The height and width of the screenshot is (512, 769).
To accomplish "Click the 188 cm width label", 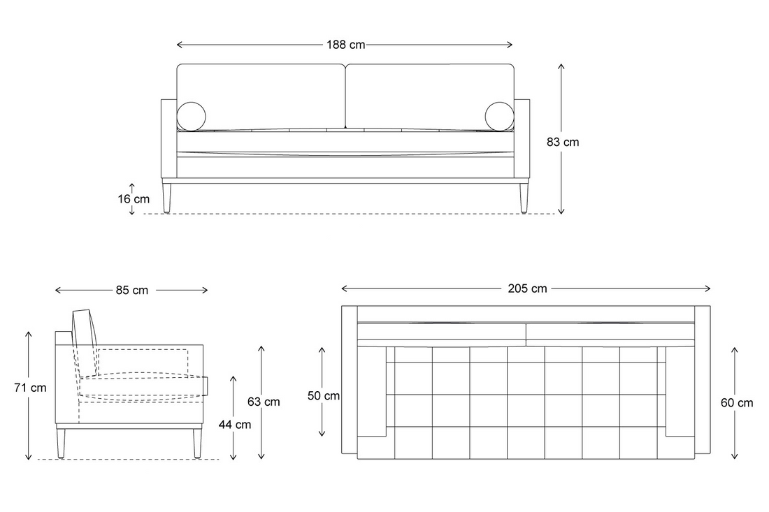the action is click(x=346, y=45).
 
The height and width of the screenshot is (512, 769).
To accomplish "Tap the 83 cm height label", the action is click(x=563, y=142).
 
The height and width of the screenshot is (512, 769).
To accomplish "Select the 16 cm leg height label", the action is click(x=134, y=199).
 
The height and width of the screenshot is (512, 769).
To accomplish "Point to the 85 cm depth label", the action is click(x=132, y=290).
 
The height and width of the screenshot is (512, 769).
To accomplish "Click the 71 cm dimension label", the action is click(x=30, y=388).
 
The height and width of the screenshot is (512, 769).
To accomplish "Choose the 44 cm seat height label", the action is click(x=235, y=424).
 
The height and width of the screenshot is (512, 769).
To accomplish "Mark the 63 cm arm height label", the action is click(x=264, y=402).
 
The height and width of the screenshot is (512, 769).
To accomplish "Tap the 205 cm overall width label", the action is click(x=527, y=288).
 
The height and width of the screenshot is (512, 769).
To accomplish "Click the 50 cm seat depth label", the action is click(x=324, y=395).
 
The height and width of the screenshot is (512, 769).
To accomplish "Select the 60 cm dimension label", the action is click(x=737, y=403).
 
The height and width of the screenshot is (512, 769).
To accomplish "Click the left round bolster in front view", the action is click(x=192, y=117).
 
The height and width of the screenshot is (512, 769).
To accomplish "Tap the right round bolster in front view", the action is click(x=500, y=117).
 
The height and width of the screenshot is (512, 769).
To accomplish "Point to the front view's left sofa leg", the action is click(x=167, y=198).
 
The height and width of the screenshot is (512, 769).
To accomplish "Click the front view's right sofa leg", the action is click(x=524, y=198).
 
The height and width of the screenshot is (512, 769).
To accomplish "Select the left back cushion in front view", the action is click(x=261, y=97).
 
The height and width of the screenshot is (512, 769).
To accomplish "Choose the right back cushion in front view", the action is click(x=430, y=97).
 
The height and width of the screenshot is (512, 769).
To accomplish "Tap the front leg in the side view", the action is click(x=196, y=444).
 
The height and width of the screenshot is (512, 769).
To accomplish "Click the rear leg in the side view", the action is click(x=61, y=444).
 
